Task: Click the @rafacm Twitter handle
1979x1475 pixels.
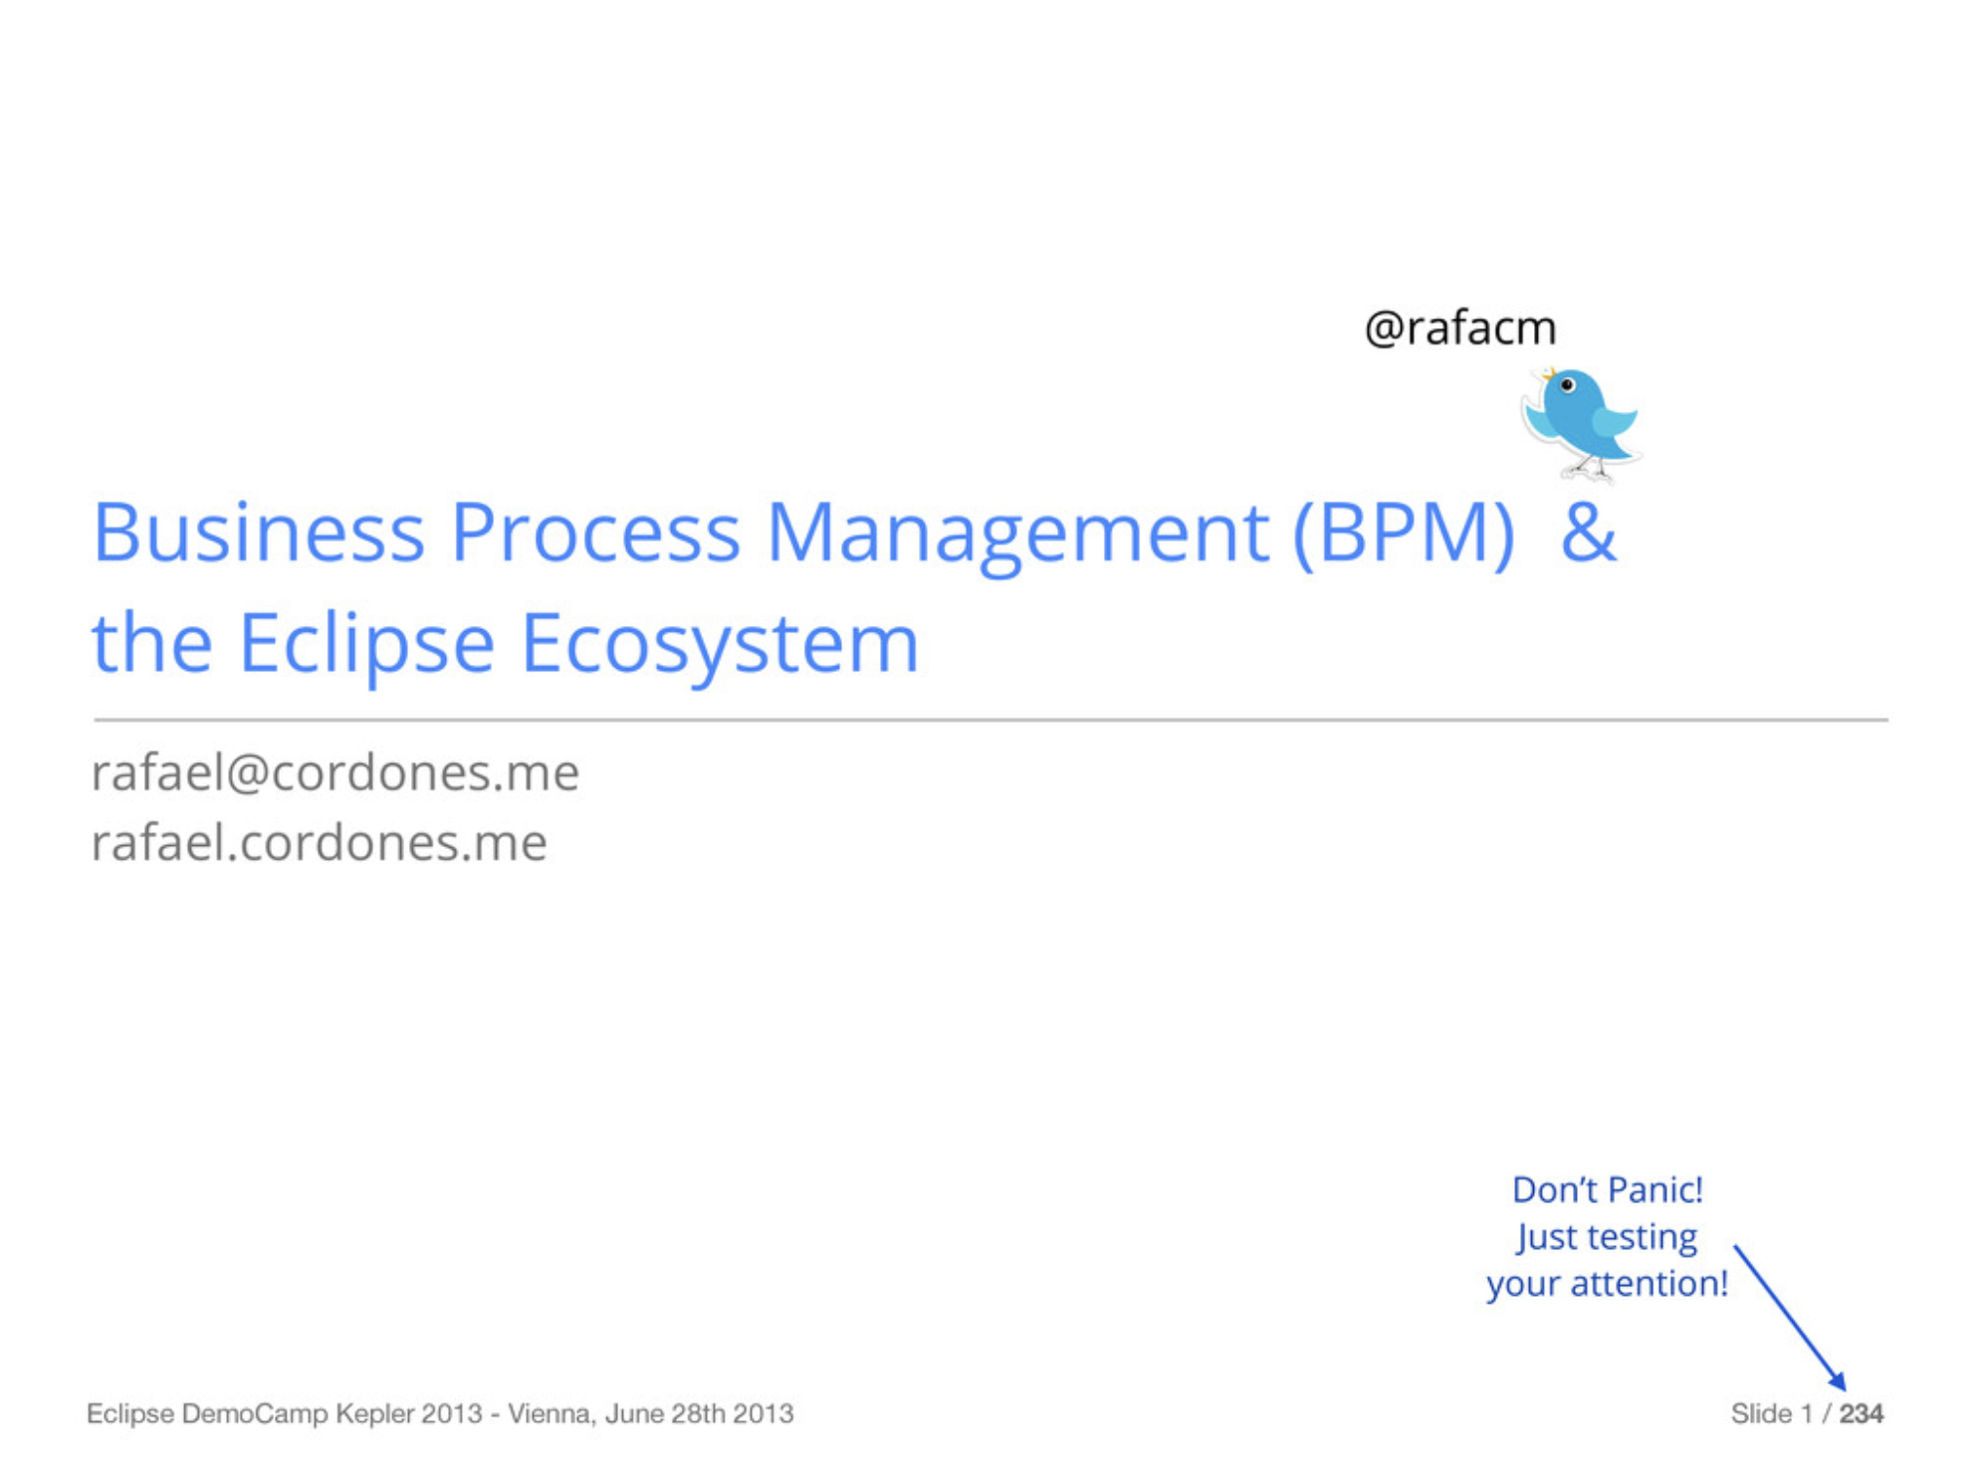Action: [1460, 327]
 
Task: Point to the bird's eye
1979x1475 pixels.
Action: [1568, 385]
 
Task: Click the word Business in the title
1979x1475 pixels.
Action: [259, 532]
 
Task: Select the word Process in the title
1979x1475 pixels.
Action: [595, 532]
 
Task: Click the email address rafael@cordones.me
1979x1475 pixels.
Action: [335, 772]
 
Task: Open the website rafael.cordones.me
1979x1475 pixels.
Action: [320, 843]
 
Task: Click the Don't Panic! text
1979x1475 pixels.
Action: [1608, 1189]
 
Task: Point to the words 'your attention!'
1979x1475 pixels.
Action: [1608, 1284]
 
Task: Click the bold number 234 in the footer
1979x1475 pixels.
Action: [1862, 1413]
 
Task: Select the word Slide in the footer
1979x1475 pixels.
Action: [1761, 1413]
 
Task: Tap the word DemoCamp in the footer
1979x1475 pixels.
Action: [255, 1414]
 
